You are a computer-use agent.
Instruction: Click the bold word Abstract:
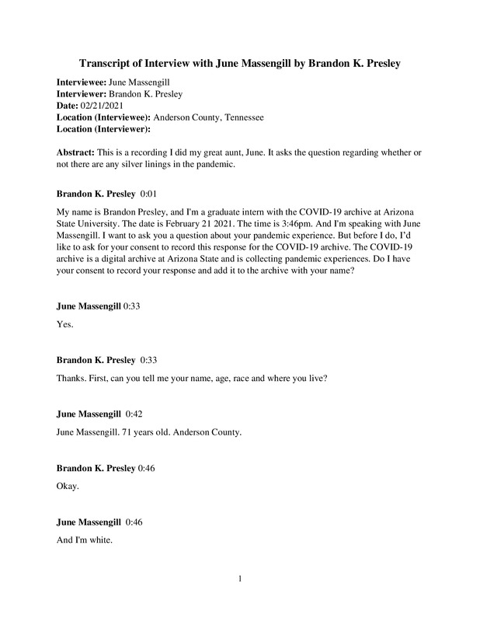81,152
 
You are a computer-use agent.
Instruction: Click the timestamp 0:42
136,414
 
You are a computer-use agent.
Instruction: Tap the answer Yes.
65,326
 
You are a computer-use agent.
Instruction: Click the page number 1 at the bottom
241,578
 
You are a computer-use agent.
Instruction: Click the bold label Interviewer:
82,94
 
